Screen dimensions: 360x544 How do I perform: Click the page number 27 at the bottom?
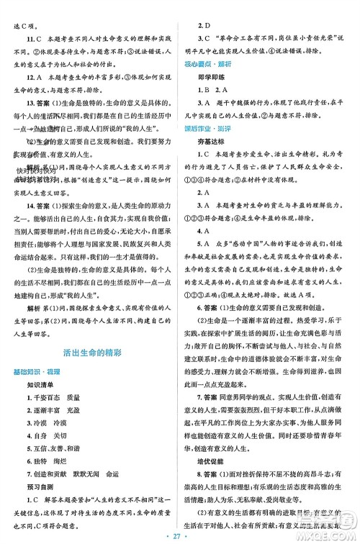(x=179, y=535)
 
